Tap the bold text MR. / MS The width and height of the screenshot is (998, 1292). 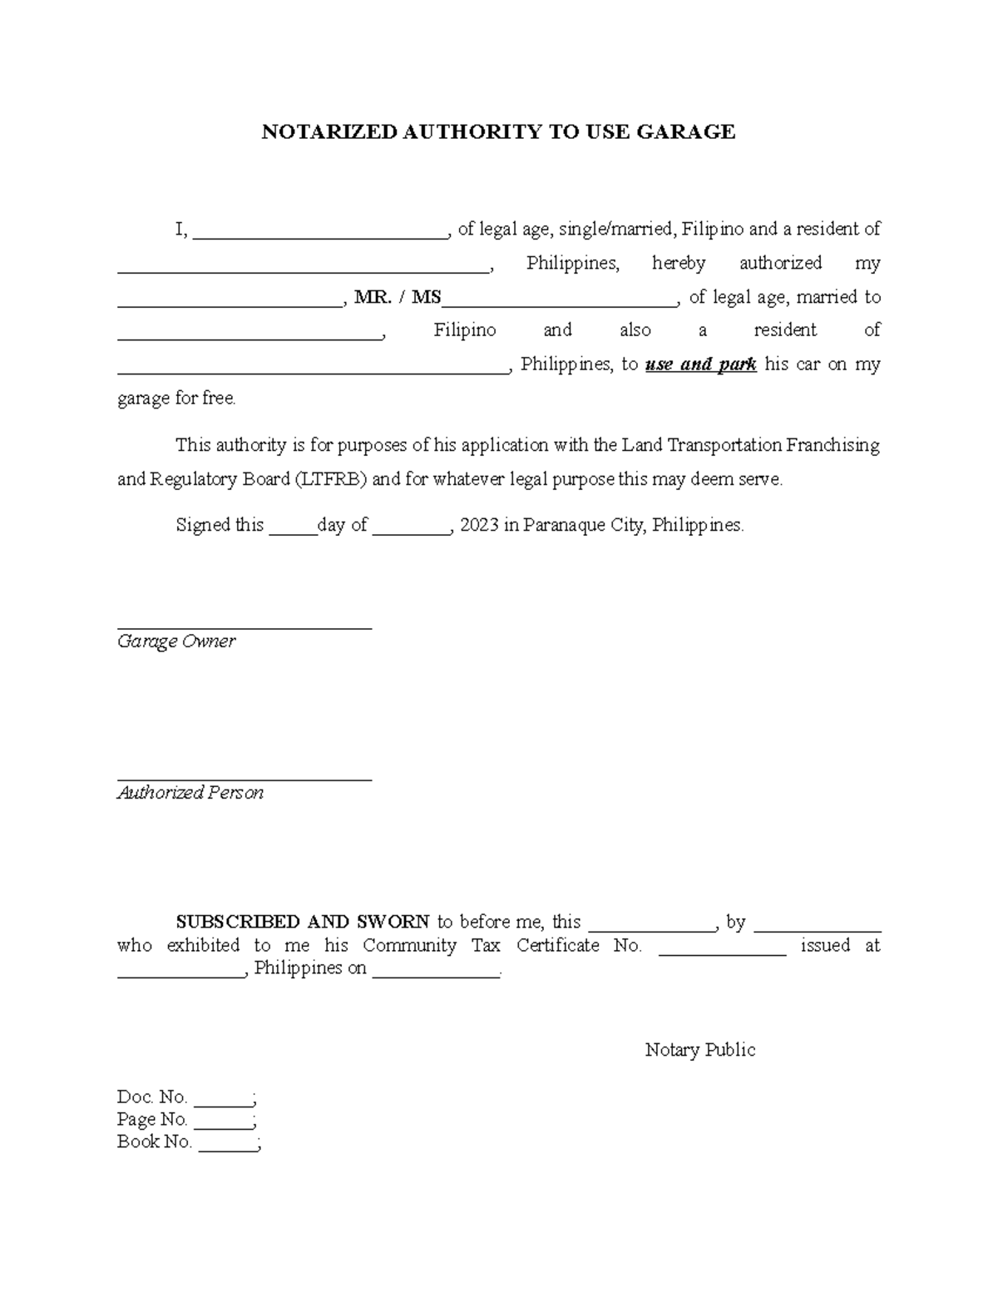[x=397, y=297]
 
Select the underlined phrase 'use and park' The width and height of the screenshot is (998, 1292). [x=700, y=364]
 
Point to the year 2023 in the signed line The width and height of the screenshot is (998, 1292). [x=479, y=525]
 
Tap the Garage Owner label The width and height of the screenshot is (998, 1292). [x=176, y=641]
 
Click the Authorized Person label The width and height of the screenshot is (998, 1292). [x=190, y=793]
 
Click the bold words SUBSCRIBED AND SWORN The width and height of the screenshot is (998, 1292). [x=302, y=922]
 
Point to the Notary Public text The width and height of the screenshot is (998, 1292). [x=699, y=1050]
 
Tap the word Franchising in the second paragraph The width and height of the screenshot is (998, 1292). [x=833, y=445]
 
